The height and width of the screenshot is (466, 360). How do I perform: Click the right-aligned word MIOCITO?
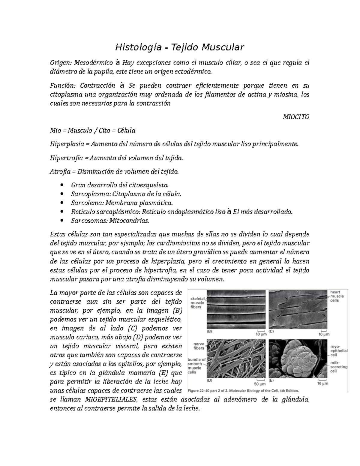coord(296,117)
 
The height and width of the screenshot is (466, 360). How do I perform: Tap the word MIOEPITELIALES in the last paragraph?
coord(111,400)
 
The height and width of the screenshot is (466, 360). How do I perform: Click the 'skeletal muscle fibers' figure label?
coord(197,303)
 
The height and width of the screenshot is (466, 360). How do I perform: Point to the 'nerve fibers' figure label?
coord(199,346)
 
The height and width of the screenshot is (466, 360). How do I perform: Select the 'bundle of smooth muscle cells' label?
coord(196,366)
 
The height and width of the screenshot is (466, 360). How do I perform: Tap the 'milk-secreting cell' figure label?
coord(339,367)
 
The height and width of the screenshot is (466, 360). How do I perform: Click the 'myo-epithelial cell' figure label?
coord(339,350)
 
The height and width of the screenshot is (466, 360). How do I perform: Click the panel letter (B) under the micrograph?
coord(210,331)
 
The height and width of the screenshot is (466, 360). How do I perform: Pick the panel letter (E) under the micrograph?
coord(271,380)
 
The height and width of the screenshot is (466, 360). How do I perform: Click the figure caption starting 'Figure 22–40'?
coord(243,391)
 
